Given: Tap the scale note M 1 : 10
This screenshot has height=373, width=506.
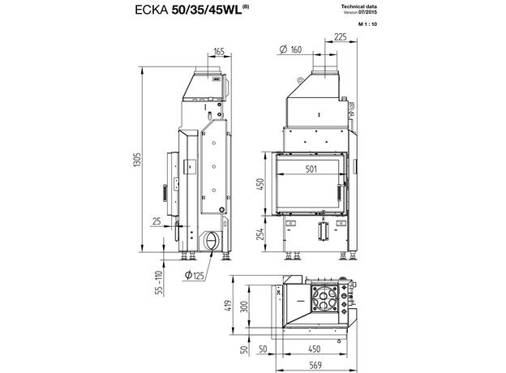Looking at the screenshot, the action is [x=367, y=24].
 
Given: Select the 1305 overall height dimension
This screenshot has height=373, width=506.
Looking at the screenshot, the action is [x=137, y=160].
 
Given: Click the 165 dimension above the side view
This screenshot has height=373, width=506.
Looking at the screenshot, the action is [x=219, y=52].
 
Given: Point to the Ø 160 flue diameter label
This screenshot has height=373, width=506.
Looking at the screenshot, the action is [x=290, y=49].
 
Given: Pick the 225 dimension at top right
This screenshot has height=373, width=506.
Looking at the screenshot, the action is [x=341, y=37].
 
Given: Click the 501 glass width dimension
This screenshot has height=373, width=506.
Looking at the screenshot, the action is [x=311, y=169].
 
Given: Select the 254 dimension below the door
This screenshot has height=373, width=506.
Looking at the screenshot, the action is [x=260, y=234].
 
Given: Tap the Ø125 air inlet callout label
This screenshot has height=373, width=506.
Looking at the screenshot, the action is [x=195, y=275].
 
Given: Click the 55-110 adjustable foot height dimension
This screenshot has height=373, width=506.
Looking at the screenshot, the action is [x=159, y=283].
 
